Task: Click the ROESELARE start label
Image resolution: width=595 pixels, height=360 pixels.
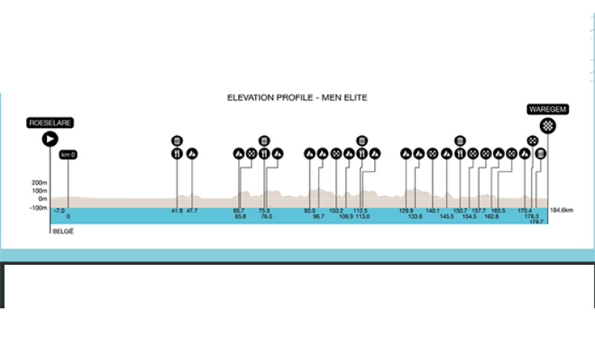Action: pos(50,123)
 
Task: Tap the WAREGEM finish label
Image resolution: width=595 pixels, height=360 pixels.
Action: pos(548,109)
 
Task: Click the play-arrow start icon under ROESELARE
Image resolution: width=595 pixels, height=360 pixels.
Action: pos(50,138)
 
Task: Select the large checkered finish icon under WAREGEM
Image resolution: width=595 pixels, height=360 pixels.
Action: pos(548,126)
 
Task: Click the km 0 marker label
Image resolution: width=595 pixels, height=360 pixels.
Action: pos(68,155)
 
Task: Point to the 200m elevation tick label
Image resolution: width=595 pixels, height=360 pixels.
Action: pos(39,182)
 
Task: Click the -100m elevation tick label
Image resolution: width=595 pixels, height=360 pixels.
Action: pos(38,208)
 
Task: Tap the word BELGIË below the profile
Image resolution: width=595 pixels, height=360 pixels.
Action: pos(62,231)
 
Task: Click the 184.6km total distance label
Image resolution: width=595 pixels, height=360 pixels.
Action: pos(562,210)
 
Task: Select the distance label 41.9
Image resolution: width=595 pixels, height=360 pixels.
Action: pos(177,210)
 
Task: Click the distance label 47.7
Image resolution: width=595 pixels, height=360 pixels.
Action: pos(192,210)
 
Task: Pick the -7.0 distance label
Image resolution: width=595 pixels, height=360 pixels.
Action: pos(59,210)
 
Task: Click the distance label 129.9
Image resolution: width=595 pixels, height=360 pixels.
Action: pos(406,210)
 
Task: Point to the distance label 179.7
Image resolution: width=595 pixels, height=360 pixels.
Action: pos(537,222)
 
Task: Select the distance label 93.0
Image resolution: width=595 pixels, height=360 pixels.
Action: pos(309,210)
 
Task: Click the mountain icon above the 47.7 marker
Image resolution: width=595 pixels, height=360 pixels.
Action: pos(192,154)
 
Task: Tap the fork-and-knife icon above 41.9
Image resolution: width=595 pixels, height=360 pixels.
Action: pos(177,154)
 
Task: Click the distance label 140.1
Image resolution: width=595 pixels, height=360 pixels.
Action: pos(433,210)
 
